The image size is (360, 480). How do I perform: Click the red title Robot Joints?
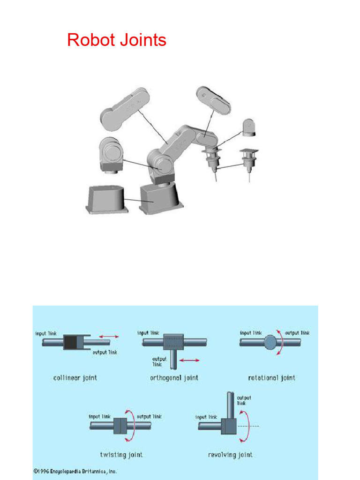(x=117, y=40)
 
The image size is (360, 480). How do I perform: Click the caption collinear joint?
(x=75, y=377)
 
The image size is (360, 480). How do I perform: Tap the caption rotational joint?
(x=272, y=377)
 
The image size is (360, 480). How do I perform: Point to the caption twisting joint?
(x=121, y=454)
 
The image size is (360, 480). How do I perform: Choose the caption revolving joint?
(x=230, y=454)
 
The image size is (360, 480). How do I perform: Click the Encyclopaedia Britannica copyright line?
(x=75, y=471)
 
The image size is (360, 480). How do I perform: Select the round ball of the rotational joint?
(x=270, y=343)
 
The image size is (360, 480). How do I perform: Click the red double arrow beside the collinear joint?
(x=108, y=336)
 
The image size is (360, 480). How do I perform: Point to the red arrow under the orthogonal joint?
(x=190, y=360)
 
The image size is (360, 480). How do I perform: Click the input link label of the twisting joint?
(x=99, y=416)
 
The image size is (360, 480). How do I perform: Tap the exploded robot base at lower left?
(x=106, y=199)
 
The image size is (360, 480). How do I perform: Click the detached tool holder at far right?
(x=248, y=162)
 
